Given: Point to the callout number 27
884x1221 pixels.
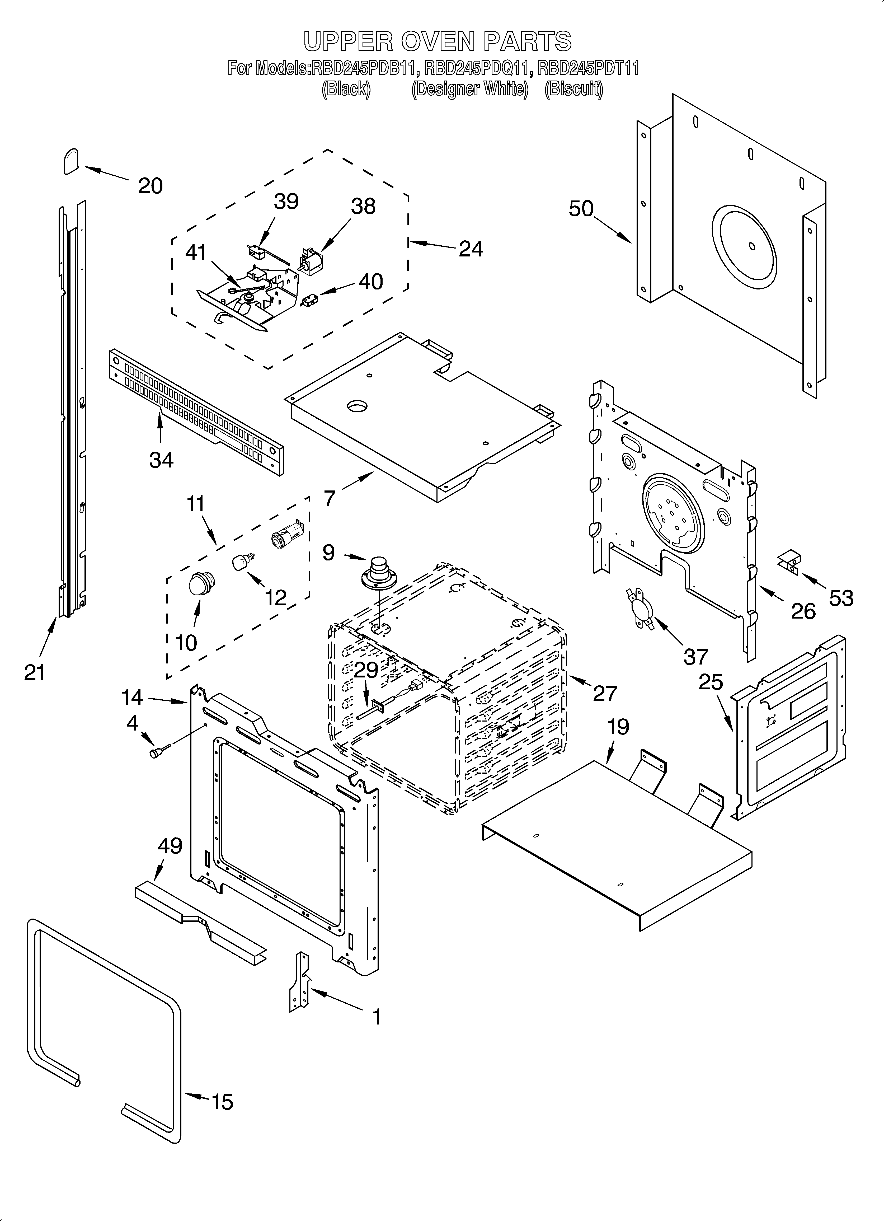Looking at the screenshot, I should tap(605, 693).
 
